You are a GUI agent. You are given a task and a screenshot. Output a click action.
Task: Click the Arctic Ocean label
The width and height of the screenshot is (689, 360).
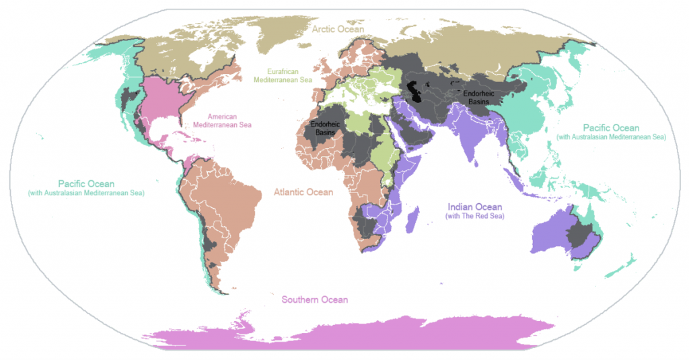coord(337,29)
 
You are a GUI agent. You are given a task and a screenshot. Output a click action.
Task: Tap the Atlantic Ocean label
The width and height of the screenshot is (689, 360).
coord(303,192)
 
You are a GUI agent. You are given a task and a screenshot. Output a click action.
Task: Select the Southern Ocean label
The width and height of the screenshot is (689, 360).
coord(315,299)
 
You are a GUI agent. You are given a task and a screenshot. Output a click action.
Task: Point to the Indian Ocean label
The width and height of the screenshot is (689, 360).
coord(475,207)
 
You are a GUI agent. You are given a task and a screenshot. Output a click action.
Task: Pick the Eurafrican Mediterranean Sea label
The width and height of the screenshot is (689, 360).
coord(283,75)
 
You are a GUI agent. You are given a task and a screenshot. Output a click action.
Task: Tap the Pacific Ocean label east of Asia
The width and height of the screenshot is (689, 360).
coord(611,128)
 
